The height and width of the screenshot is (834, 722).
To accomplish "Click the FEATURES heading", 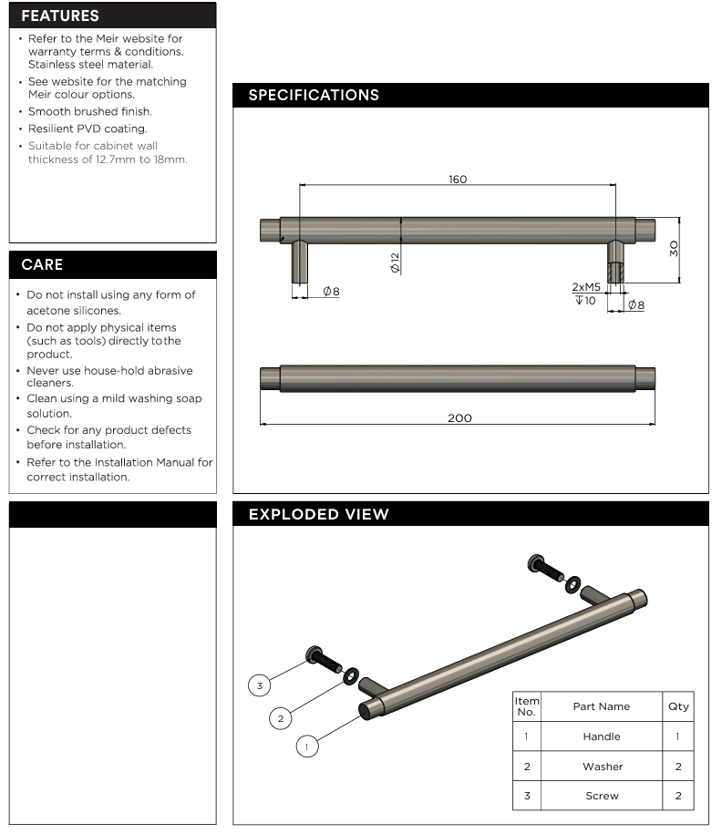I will coord(60,15).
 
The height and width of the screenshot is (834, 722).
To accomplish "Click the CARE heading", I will coord(42,264).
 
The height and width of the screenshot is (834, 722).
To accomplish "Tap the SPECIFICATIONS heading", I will coord(314,95).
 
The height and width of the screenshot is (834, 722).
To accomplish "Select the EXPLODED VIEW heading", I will coord(318,514).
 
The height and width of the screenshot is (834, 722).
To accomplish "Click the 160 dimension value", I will coord(458,180).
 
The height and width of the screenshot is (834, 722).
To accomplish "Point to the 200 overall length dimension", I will coord(459,417).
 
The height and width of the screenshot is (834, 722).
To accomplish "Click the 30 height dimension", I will coord(674,248).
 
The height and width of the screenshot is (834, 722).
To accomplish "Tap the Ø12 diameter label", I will coord(395,263).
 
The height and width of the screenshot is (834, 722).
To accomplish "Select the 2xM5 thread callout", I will coord(585,287).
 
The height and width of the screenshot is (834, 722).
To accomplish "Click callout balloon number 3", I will coord(260,685).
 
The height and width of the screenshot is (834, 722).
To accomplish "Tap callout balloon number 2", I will coord(281,718).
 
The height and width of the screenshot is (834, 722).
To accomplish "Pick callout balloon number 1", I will coord(307,746).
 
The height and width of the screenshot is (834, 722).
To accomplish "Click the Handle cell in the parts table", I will coord(601,736).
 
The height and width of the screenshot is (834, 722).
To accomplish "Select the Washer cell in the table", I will coord(602,767).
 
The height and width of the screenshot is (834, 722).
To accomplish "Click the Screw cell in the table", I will coord(602,796).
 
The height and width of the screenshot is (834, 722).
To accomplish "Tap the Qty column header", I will coord(678,706).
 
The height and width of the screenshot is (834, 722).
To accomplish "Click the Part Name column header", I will coord(601,706).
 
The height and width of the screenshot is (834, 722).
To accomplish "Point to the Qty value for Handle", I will coord(678,736).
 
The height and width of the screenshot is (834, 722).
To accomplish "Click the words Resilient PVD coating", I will coord(88,129).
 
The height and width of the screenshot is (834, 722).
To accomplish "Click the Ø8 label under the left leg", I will coord(330,292).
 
